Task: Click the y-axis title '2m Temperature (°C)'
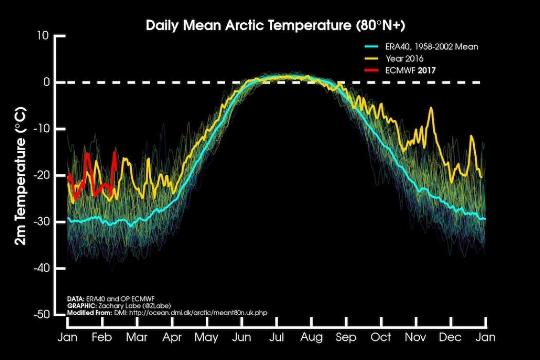[21, 175]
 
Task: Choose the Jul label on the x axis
[277, 337]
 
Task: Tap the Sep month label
[346, 337]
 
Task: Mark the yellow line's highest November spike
[431, 108]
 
